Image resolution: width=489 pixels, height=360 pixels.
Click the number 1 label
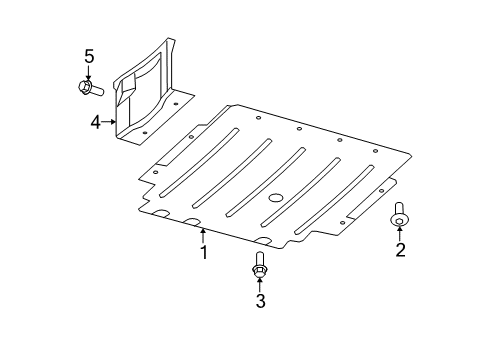203,254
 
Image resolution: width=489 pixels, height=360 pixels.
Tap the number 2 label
400,250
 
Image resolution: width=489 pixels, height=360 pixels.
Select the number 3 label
260,300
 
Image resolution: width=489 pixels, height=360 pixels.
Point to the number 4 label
95,123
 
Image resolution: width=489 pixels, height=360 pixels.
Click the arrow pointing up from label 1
203,235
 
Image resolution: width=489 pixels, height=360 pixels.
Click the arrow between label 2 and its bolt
400,232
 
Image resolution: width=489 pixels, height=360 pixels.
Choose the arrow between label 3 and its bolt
260,283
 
